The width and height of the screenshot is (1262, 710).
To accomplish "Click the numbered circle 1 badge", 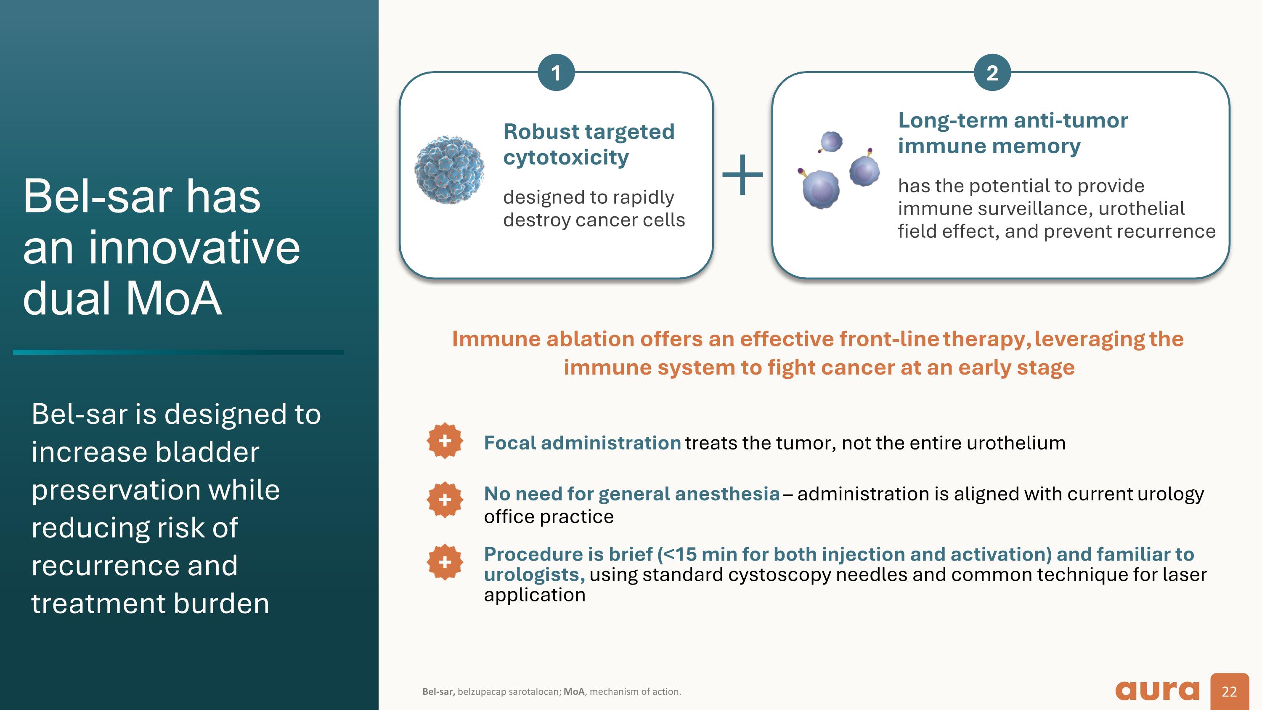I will point(556,73).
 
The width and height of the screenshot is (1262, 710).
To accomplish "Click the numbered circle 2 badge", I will point(992,73).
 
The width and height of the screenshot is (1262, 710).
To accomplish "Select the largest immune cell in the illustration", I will point(821,189).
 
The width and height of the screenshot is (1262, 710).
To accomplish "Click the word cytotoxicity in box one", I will point(566,157).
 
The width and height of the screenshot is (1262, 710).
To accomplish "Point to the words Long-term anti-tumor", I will point(1013,120).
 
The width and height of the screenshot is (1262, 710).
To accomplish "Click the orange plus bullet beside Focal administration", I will point(444,441).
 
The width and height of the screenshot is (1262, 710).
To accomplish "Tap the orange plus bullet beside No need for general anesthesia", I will point(444,500).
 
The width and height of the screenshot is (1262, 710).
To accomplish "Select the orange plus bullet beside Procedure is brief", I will point(444,562).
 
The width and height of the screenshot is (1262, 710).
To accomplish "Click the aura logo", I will point(1157,690).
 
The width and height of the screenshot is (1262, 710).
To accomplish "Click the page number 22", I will point(1229,691).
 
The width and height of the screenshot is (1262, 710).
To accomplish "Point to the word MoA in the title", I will point(174,298).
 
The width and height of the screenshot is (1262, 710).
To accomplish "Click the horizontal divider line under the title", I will point(178,352).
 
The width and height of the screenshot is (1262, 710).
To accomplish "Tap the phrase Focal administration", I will point(582,443).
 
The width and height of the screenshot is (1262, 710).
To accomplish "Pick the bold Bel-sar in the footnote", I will point(438,691).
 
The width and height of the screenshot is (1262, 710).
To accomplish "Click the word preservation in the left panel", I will point(155,490).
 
